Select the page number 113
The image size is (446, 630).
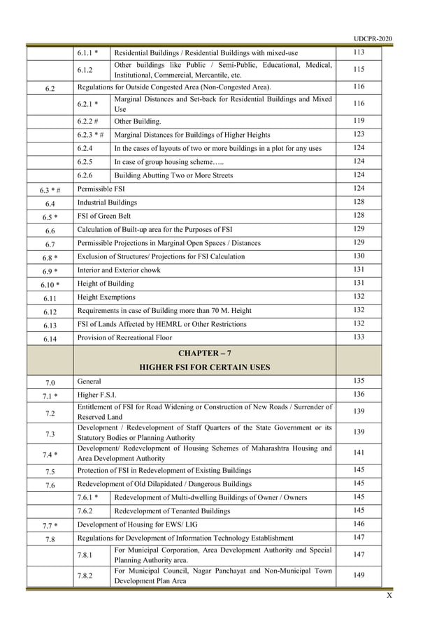coord(359,52)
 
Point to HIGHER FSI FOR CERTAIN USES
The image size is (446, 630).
coord(205,367)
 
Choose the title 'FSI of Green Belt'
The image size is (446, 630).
coord(104,216)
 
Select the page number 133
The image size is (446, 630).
coord(359,337)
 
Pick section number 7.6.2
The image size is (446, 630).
coord(87,511)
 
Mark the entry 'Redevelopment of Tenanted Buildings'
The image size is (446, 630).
coord(172,511)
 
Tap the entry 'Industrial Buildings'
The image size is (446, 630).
coord(107,203)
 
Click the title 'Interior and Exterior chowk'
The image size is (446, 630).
coord(120,270)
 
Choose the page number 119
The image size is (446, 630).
coord(359,121)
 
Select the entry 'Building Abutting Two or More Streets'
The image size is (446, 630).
coord(173,175)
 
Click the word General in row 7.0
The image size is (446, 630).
coord(89,382)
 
